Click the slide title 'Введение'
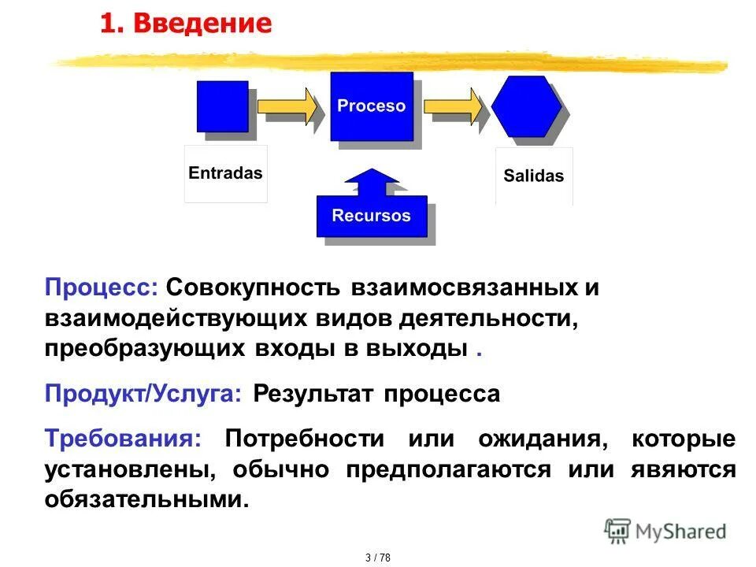tap(202, 24)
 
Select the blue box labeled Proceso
tap(372, 106)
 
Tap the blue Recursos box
tap(372, 216)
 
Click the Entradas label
tap(226, 173)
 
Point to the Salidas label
tap(534, 176)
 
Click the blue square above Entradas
tap(222, 106)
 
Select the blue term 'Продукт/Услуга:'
tap(143, 393)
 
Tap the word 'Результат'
tap(314, 393)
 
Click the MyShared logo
tap(665, 531)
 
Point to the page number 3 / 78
tap(378, 558)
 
